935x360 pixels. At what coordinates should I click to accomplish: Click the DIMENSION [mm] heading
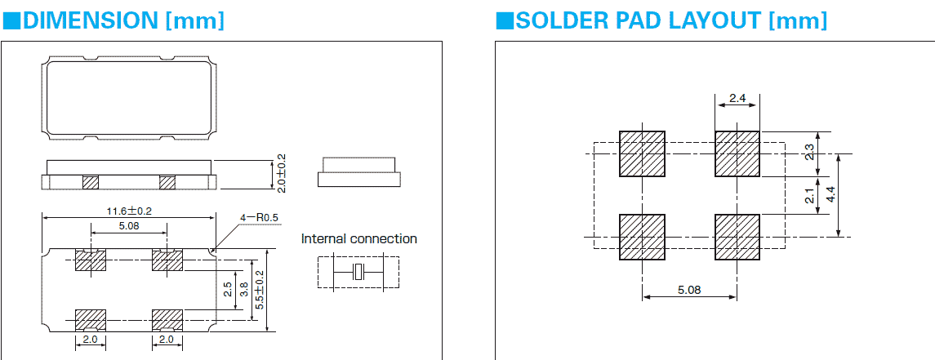coord(114,20)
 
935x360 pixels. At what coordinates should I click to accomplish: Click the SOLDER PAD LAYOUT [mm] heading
coord(661,20)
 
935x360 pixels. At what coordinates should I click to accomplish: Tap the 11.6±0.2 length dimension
coord(129,211)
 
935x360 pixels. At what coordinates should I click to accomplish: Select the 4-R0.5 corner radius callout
coord(259,218)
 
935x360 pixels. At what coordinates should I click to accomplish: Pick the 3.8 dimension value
coord(243,289)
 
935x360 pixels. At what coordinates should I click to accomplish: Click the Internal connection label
coord(358,239)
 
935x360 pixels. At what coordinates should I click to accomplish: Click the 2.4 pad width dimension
coord(737,99)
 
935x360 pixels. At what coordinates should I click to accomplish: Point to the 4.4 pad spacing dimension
coord(831,194)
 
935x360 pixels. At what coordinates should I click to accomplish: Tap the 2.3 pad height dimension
coord(808,153)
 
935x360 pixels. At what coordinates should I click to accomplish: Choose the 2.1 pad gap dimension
coord(808,196)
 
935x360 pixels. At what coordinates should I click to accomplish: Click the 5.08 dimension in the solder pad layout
coord(690,290)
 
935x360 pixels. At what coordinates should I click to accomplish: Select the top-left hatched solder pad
coord(643,153)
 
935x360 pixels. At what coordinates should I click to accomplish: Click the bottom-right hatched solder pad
coord(737,237)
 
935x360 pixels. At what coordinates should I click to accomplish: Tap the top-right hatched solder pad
coord(737,153)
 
